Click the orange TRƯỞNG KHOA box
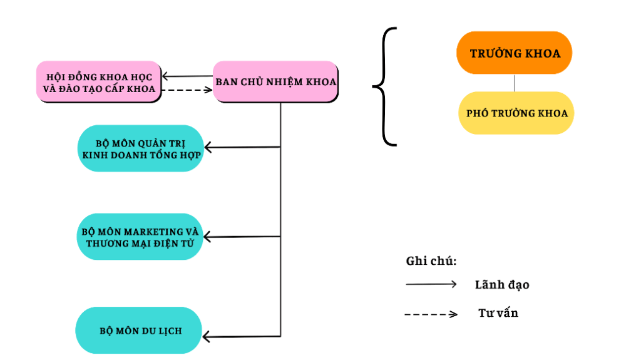(514, 53)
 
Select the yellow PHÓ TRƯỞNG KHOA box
(516, 113)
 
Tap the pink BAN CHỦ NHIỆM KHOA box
(275, 81)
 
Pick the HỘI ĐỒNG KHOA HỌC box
(99, 82)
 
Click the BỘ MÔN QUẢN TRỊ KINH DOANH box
(141, 148)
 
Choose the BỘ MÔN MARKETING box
(140, 237)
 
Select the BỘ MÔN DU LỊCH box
(139, 329)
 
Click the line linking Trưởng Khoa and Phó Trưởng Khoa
(515, 83)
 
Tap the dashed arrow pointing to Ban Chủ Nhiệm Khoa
(188, 90)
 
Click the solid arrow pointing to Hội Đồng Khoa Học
(188, 76)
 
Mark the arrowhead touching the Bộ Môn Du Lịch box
(207, 337)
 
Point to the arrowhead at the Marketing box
(208, 237)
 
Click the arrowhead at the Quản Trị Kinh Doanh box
(208, 148)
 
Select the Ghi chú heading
(431, 261)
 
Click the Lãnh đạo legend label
(502, 285)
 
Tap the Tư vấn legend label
(498, 313)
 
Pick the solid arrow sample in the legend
(431, 284)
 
